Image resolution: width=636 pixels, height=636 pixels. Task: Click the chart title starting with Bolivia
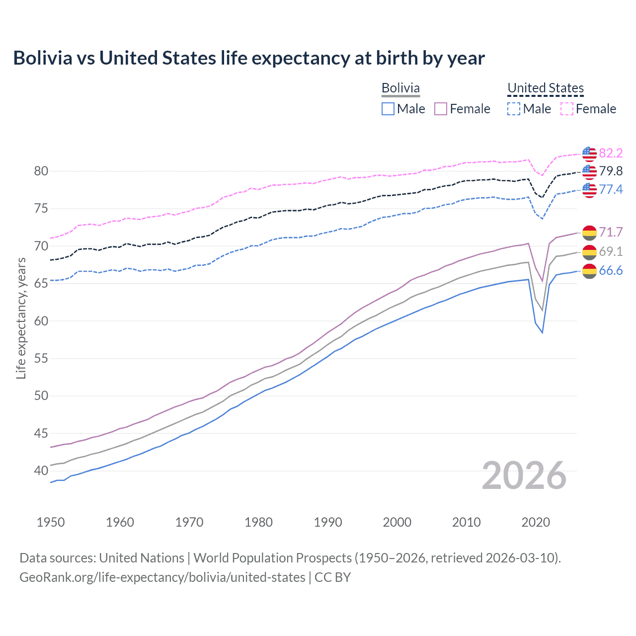pos(248,58)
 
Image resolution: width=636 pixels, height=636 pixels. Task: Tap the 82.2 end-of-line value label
pos(611,154)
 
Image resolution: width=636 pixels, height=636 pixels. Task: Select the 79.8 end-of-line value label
pos(611,171)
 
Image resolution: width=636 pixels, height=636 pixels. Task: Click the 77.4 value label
pos(611,189)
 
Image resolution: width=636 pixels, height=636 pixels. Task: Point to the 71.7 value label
pos(611,232)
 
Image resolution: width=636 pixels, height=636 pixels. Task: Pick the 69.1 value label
pos(611,251)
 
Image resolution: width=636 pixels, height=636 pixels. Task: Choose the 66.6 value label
pos(611,271)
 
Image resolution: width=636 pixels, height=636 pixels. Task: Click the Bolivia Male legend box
pos(388,109)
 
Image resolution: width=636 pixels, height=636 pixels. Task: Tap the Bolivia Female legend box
pos(441,109)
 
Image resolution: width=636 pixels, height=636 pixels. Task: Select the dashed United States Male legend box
pos(514,109)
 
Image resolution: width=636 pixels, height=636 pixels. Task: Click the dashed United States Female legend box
pos(567,109)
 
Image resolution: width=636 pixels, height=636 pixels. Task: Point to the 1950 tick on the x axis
pos(51,522)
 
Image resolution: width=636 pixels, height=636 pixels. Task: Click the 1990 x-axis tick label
pos(328,522)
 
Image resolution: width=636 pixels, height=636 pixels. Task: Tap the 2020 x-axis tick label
pos(536,522)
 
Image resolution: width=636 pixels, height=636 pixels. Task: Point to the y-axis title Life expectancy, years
pos(21,318)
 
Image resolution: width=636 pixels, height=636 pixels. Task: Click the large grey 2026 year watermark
pos(524,476)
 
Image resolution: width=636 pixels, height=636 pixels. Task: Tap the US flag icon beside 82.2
pos(589,154)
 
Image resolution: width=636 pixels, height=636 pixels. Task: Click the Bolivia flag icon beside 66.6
pos(589,271)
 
